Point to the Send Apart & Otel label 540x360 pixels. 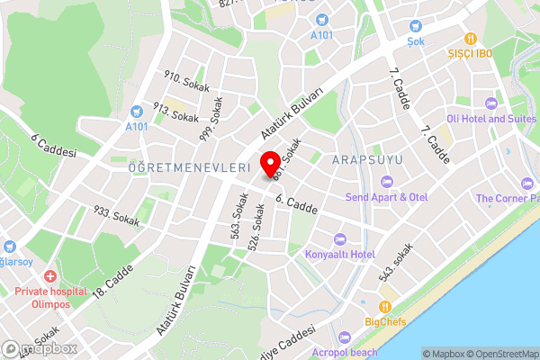pyautogui.click(x=388, y=196)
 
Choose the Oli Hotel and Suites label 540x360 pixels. pyautogui.click(x=491, y=118)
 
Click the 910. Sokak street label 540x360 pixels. pyautogui.click(x=186, y=83)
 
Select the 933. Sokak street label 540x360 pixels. pyautogui.click(x=117, y=215)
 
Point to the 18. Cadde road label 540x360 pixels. pyautogui.click(x=112, y=279)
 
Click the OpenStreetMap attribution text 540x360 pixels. pyautogui.click(x=497, y=354)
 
